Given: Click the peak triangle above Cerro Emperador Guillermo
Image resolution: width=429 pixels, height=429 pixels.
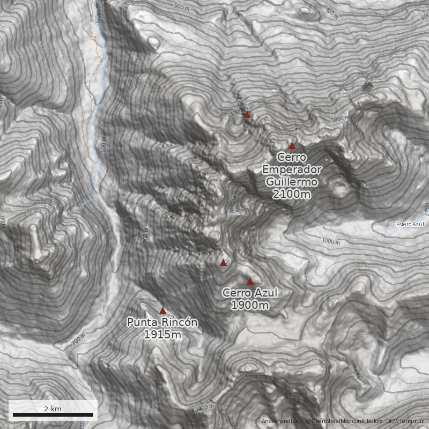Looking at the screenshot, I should click(x=292, y=145).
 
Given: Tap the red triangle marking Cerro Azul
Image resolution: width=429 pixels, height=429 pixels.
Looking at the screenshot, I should click(x=250, y=281).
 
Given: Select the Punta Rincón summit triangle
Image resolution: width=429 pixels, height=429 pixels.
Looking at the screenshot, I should click(x=162, y=310).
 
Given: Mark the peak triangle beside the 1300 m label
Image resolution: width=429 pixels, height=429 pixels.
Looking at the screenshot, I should click(x=247, y=114).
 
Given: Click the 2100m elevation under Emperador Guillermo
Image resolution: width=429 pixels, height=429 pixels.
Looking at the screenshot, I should click(x=291, y=194).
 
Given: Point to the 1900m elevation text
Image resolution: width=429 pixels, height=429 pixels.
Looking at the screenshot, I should click(x=250, y=305).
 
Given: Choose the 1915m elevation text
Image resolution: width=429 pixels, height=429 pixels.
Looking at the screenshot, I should click(x=162, y=335).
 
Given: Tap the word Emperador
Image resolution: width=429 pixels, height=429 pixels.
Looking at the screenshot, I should click(x=292, y=170).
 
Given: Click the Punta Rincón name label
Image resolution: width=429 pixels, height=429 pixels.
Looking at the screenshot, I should click(x=162, y=323).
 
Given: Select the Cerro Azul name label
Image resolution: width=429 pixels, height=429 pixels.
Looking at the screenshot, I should click(x=250, y=293).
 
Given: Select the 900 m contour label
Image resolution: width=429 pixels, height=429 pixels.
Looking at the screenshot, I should click(x=145, y=236).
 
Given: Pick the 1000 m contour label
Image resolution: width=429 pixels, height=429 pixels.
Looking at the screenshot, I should click(x=331, y=241).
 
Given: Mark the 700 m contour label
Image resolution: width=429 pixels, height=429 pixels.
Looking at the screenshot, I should click(x=78, y=340).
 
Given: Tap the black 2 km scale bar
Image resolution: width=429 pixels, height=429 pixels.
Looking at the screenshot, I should click(x=53, y=415).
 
